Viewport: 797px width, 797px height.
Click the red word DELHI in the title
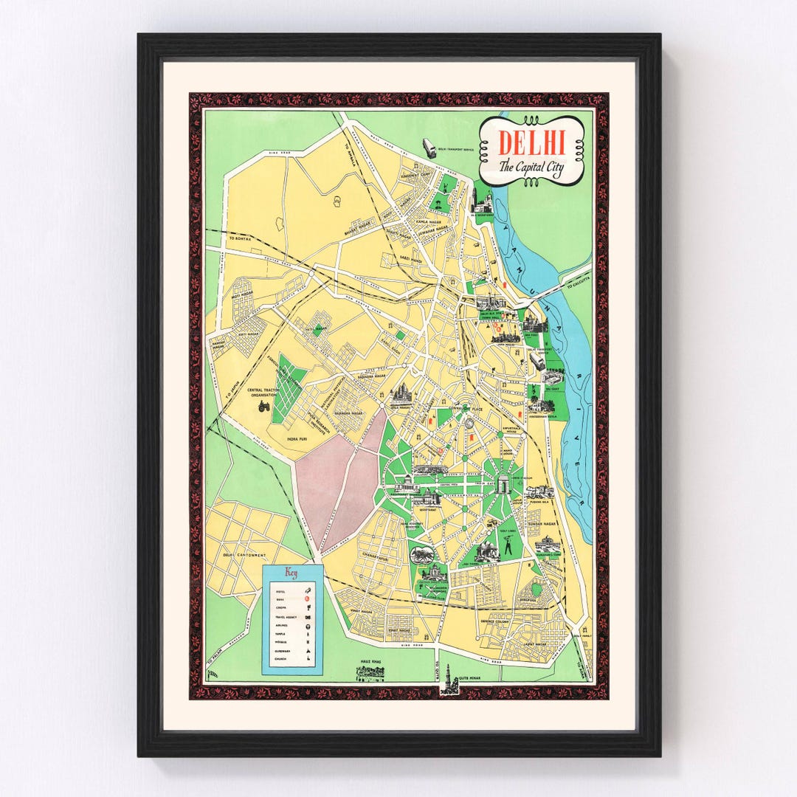(531, 142)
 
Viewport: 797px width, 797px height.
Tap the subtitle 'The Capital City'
(531, 167)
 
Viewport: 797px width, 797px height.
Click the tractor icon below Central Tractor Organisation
(264, 404)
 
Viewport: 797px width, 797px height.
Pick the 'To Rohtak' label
(240, 238)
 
